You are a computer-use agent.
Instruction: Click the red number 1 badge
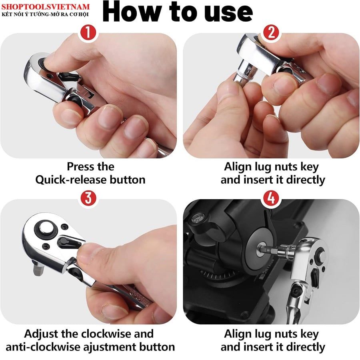tap(88, 32)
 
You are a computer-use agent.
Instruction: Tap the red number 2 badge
tap(271, 32)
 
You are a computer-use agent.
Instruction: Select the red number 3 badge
tap(88, 198)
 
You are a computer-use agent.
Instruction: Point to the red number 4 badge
tap(271, 198)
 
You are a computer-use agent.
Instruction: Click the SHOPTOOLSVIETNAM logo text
tap(46, 7)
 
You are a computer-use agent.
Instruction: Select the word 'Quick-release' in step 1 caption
tap(70, 180)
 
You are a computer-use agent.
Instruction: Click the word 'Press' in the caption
tap(79, 166)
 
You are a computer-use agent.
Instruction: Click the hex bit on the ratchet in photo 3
tap(38, 269)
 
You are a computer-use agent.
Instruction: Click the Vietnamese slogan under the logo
tap(45, 14)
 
